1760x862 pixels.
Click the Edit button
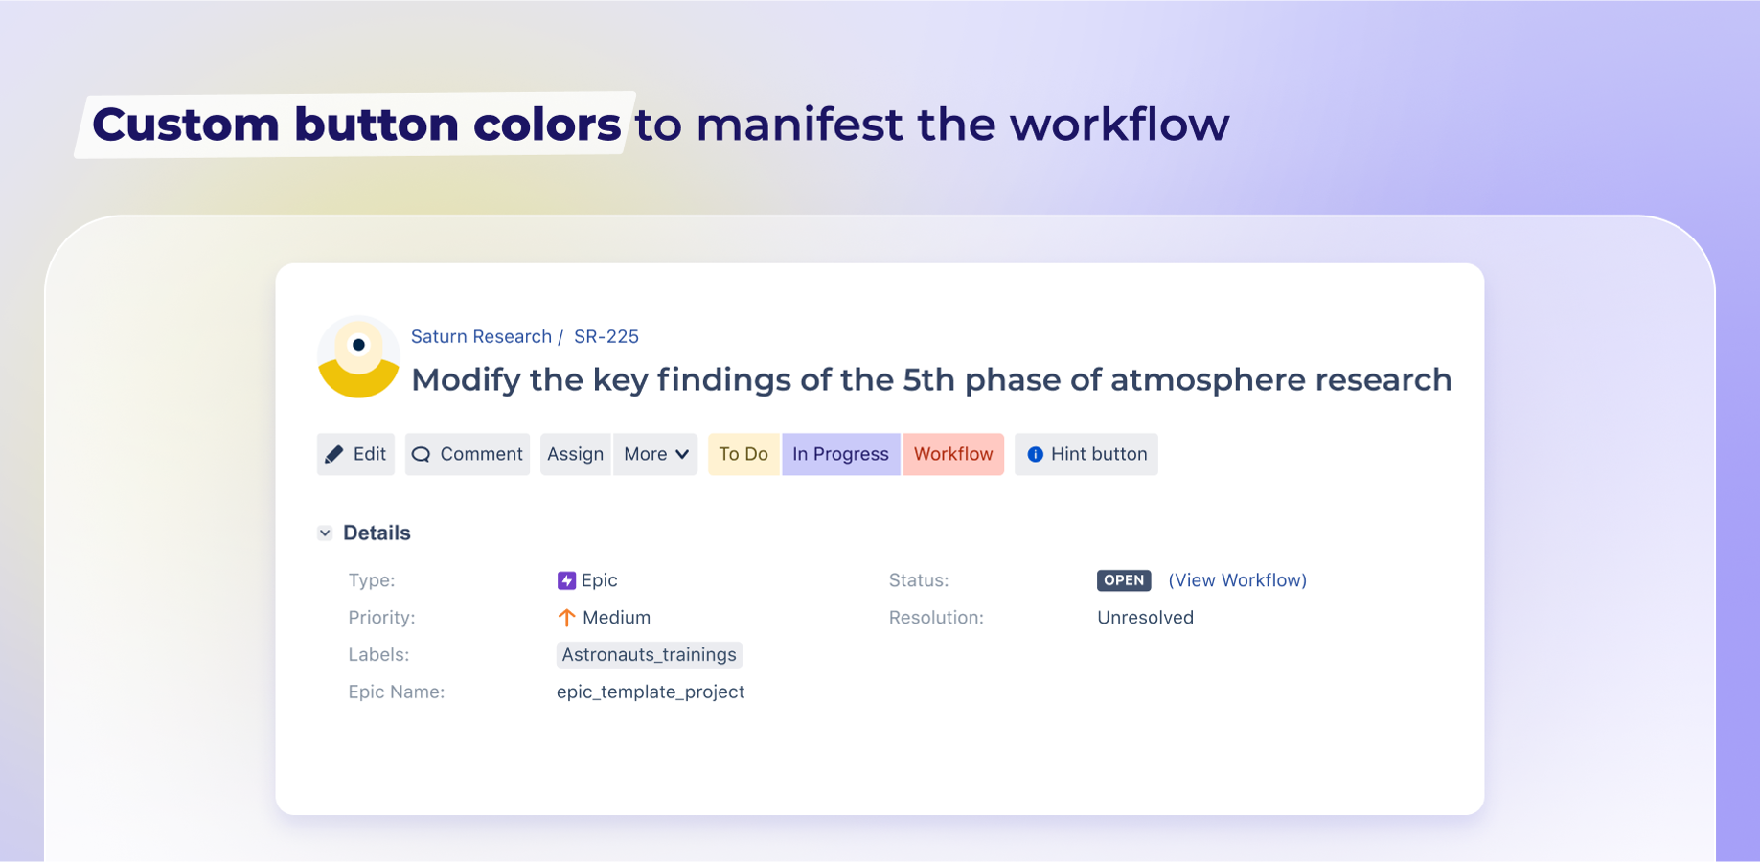point(355,454)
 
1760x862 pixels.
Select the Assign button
point(575,454)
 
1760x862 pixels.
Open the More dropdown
point(655,454)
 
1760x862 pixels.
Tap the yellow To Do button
point(744,454)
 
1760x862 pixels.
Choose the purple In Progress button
point(841,454)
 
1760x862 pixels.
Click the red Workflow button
point(953,454)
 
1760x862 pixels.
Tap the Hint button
point(1086,454)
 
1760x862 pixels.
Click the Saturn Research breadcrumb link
point(481,336)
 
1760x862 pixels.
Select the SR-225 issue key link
point(606,336)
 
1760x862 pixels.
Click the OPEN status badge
point(1124,580)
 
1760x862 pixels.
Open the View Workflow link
point(1238,580)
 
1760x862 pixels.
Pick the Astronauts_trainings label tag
point(650,655)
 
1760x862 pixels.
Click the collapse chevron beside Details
point(325,533)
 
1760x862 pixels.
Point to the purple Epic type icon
point(566,580)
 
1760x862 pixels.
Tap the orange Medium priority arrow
point(566,618)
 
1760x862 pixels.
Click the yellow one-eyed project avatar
point(358,356)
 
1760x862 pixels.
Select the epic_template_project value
point(651,692)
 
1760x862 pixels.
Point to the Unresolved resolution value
point(1146,618)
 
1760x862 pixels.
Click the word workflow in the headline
point(1119,125)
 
